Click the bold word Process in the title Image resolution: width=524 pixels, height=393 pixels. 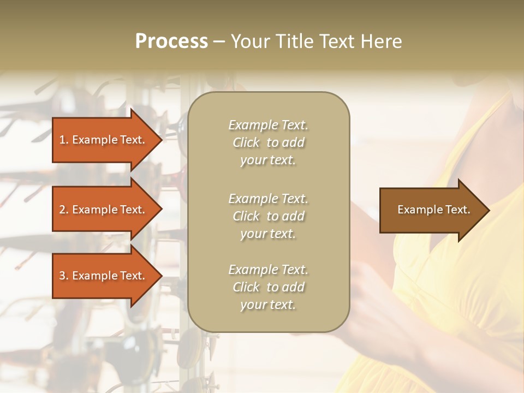tap(171, 41)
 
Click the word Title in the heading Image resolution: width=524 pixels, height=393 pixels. tap(295, 41)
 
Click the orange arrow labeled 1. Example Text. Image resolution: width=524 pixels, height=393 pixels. tap(102, 140)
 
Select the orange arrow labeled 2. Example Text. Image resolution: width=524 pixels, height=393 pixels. tap(102, 210)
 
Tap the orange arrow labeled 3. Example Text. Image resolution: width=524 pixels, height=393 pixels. tap(102, 276)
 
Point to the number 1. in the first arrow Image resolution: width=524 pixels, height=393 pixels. tap(64, 140)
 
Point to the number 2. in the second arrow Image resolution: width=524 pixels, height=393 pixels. tap(64, 210)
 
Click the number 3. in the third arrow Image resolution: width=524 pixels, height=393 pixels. tap(64, 276)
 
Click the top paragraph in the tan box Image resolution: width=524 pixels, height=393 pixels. tap(268, 142)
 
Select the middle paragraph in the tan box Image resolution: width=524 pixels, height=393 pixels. tap(268, 216)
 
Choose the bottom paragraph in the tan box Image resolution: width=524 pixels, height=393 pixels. tap(268, 287)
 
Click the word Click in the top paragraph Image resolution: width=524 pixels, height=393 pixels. tap(246, 142)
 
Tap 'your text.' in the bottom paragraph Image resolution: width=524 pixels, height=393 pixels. tap(268, 305)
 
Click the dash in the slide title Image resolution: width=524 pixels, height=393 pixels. tap(219, 41)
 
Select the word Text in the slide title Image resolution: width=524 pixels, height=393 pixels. tap(337, 41)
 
